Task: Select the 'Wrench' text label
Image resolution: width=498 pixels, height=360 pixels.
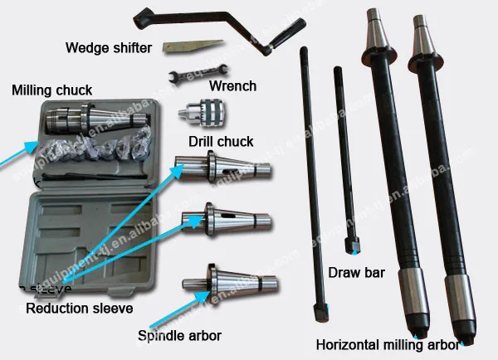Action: click(x=233, y=85)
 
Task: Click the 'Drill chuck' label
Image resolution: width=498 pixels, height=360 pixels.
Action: click(x=221, y=141)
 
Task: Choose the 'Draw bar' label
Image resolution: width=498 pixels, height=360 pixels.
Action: click(x=354, y=271)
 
